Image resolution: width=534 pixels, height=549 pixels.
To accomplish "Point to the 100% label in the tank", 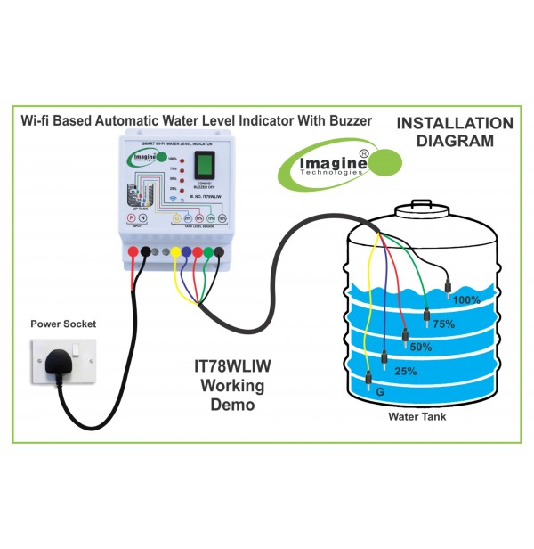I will (x=465, y=299).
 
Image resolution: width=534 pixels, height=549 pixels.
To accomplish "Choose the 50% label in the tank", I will (x=421, y=347).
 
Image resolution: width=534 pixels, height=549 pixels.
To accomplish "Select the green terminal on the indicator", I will (x=207, y=252).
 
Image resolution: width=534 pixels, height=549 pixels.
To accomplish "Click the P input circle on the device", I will (x=130, y=217).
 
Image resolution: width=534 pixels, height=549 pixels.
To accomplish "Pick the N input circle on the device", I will (x=142, y=217).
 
